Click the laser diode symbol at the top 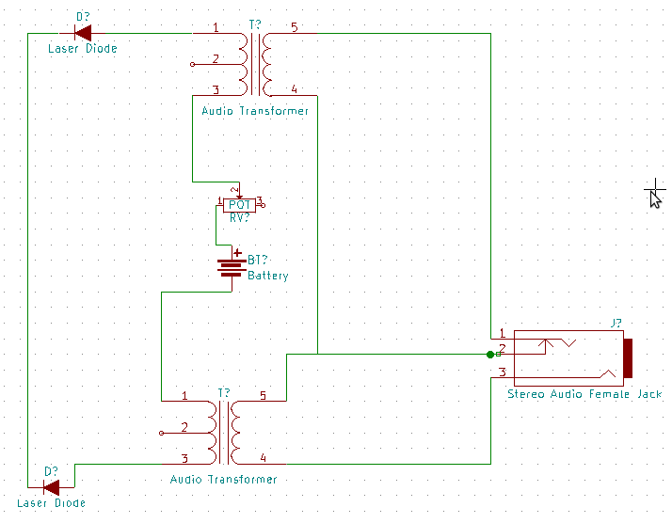[x=82, y=33]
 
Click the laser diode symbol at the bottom [x=51, y=486]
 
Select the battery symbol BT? [x=231, y=268]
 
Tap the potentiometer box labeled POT [x=239, y=204]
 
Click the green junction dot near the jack [x=490, y=355]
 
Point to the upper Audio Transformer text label [x=255, y=111]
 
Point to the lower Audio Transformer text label [x=223, y=479]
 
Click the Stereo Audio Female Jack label [x=584, y=394]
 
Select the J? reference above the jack [x=616, y=324]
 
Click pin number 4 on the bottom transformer [x=263, y=458]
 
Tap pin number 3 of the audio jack [x=503, y=372]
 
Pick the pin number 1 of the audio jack [x=503, y=333]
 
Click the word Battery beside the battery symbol [x=268, y=276]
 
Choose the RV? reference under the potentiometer [x=240, y=217]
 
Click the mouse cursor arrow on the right [x=655, y=198]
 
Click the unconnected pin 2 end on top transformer [x=193, y=64]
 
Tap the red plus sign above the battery [x=237, y=253]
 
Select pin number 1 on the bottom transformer [x=184, y=395]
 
